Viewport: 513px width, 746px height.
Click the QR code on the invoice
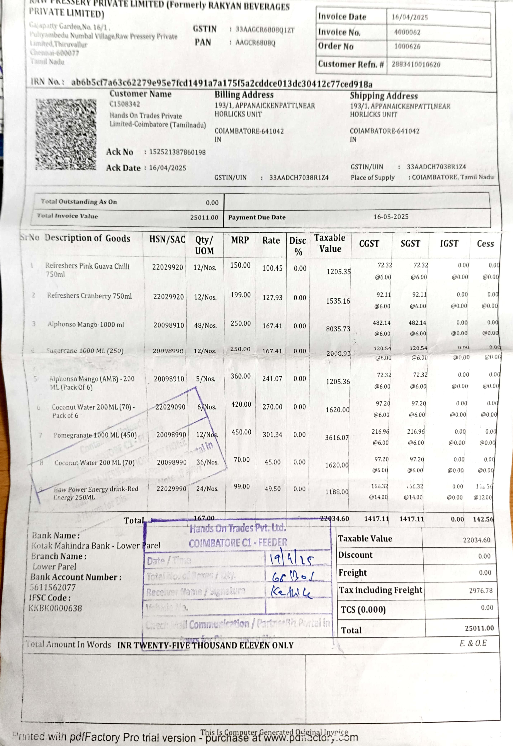pos(66,134)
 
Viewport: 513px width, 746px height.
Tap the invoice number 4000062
pos(407,32)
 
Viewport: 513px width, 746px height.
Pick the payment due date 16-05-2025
pos(391,217)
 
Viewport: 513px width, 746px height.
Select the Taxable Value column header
pos(330,243)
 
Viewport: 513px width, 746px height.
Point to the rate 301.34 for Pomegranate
pos(272,435)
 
